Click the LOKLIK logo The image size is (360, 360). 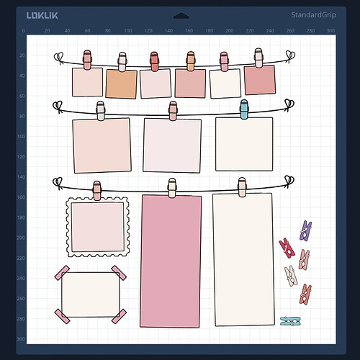42,16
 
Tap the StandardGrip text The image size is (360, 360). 313,15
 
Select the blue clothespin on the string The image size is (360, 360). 244,109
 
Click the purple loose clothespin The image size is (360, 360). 305,230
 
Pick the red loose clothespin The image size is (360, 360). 287,248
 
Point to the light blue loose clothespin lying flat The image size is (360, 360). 290,321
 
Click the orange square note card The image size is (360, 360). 121,84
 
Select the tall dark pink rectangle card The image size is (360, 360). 171,261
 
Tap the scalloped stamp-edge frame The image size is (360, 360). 98,227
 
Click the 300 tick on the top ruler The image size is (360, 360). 330,31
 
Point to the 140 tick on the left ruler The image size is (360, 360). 21,177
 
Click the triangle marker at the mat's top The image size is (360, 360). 181,16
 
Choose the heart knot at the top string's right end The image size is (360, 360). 290,56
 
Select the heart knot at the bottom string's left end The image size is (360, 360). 58,183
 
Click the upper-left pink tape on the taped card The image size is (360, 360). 62,273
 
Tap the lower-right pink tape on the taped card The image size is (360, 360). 119,316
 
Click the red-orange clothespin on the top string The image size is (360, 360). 155,61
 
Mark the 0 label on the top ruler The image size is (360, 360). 23,31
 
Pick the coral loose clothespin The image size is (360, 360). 305,294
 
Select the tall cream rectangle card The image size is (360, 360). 243,260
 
